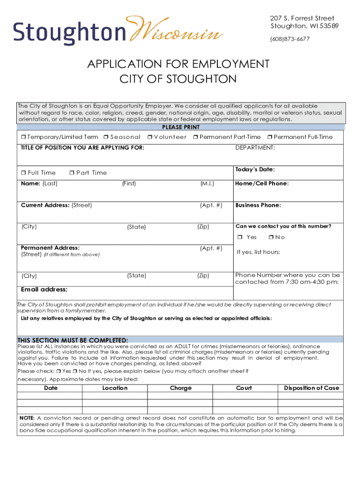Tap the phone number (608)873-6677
[x=290, y=39]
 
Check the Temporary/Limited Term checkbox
[x=23, y=137]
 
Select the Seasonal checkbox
[x=106, y=137]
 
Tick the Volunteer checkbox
[x=149, y=137]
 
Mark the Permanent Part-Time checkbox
[x=195, y=137]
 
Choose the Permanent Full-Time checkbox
[x=269, y=137]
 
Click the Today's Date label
[x=255, y=169]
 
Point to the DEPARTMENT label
[x=255, y=148]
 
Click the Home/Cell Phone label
[x=262, y=183]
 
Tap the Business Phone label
[x=258, y=205]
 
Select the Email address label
[x=44, y=290]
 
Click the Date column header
[x=51, y=388]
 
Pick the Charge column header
[x=181, y=388]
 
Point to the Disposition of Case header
[x=311, y=388]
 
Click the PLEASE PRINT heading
[x=181, y=127]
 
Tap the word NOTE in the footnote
[x=26, y=418]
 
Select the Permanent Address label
[x=50, y=248]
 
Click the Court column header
[x=244, y=388]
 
